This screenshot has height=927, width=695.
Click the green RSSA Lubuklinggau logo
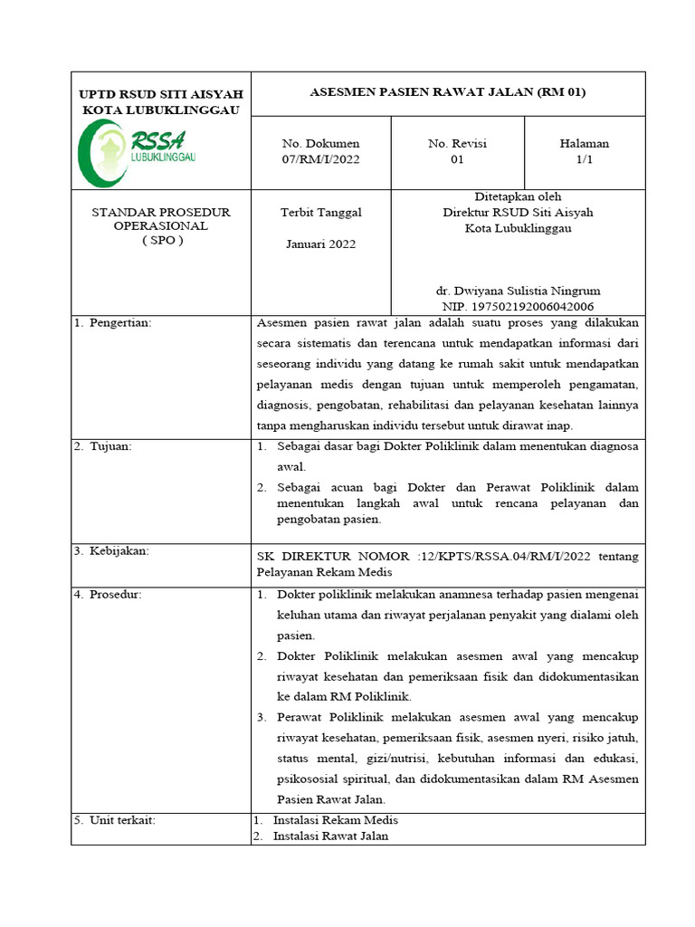[140, 151]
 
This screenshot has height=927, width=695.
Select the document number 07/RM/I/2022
[320, 159]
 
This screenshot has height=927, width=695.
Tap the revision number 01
[457, 159]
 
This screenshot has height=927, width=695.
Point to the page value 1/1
[584, 159]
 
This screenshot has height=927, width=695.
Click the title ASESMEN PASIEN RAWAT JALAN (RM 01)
[448, 92]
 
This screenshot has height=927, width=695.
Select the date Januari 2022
[320, 244]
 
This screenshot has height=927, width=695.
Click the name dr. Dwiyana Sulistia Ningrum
[518, 291]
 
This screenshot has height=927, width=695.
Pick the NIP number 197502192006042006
[518, 306]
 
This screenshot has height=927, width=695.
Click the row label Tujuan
[110, 447]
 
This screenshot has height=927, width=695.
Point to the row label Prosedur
[115, 595]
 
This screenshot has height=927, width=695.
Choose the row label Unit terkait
[122, 820]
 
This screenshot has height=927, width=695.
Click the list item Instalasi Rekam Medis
[335, 820]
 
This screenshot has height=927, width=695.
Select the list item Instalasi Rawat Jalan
[330, 836]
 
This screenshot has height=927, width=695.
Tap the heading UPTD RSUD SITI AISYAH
[161, 94]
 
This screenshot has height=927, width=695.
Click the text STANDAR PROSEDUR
[161, 212]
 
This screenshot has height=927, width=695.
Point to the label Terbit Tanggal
[320, 212]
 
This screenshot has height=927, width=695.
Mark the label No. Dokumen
[320, 144]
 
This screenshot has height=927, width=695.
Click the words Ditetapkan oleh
[518, 196]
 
